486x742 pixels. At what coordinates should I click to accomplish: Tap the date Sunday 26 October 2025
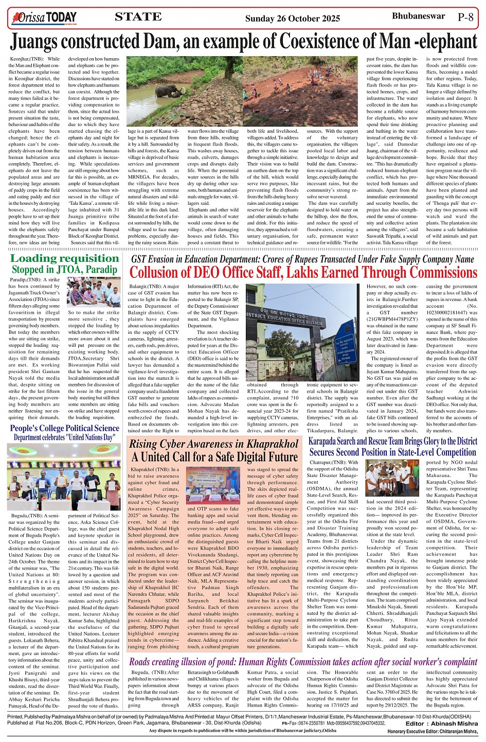pyautogui.click(x=292, y=19)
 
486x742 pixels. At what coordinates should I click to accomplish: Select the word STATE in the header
pyautogui.click(x=138, y=17)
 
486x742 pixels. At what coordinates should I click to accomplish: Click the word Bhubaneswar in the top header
pyautogui.click(x=418, y=16)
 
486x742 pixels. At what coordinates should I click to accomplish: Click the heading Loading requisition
pyautogui.click(x=64, y=258)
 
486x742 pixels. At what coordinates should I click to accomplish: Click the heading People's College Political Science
pyautogui.click(x=64, y=428)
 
